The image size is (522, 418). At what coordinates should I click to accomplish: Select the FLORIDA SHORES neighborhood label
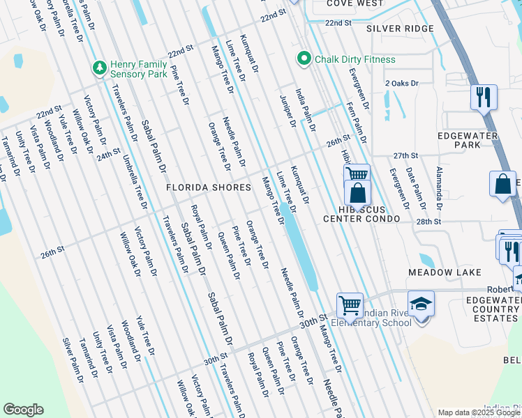point(208,187)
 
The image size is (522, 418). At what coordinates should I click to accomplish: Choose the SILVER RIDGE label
point(400,29)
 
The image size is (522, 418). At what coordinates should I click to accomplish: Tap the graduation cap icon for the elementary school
point(422,304)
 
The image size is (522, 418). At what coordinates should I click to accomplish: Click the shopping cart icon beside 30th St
point(350,304)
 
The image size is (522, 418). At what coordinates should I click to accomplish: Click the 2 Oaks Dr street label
point(401,83)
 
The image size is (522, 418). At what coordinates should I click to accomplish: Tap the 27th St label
point(405,155)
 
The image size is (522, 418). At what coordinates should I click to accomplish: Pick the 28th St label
point(428,222)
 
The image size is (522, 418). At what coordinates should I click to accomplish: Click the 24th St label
point(109,154)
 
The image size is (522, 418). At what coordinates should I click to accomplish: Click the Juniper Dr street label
point(288,111)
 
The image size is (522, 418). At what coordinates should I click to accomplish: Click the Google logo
point(23,410)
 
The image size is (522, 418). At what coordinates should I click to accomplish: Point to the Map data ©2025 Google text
point(479,412)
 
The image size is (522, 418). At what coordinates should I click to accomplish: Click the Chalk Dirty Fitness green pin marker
point(304,59)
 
